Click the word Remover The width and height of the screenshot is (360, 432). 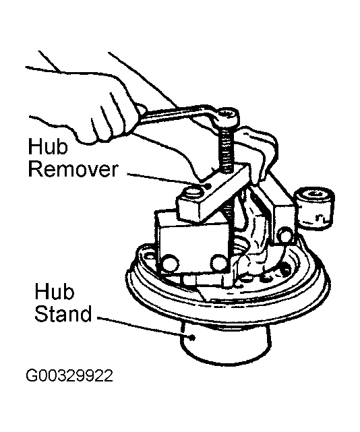click(x=73, y=169)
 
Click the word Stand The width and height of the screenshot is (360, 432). click(x=63, y=313)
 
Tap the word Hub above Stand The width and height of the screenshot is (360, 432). click(x=55, y=291)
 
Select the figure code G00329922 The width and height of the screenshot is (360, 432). click(x=69, y=376)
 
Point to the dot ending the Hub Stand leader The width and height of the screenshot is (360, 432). click(x=193, y=337)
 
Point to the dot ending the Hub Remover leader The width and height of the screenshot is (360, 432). click(x=209, y=186)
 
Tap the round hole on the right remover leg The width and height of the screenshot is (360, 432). click(x=283, y=234)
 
